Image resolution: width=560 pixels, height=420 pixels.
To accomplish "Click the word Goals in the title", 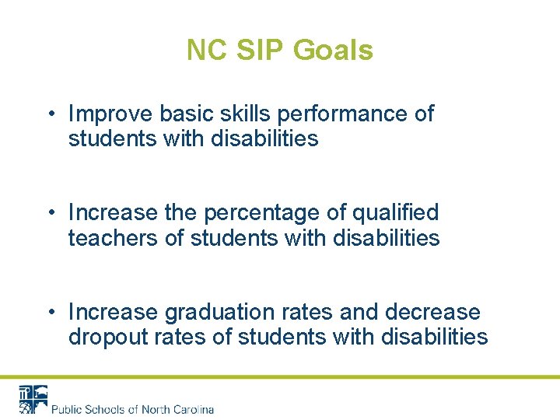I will click(x=333, y=51).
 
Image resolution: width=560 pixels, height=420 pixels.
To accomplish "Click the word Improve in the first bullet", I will click(x=111, y=114).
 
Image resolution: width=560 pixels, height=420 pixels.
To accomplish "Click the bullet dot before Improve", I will click(x=49, y=114).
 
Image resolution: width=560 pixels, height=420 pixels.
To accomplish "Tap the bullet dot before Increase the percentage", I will click(x=49, y=212).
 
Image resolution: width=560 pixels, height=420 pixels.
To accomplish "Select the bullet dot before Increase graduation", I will click(x=49, y=312).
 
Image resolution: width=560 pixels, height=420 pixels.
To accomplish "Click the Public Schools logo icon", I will click(x=32, y=399).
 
